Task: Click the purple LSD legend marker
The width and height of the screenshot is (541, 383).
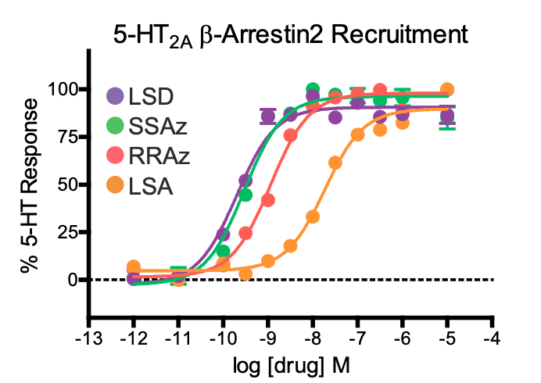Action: [x=115, y=97]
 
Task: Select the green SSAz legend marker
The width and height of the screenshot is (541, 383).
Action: [x=115, y=125]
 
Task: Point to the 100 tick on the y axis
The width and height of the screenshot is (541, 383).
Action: [x=63, y=89]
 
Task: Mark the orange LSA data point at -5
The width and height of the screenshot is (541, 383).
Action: [x=447, y=90]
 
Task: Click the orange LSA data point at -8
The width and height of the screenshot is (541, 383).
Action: [x=313, y=217]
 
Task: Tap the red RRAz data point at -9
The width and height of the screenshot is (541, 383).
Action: [x=268, y=200]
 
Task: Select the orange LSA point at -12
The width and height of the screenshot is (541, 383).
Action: [x=134, y=267]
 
